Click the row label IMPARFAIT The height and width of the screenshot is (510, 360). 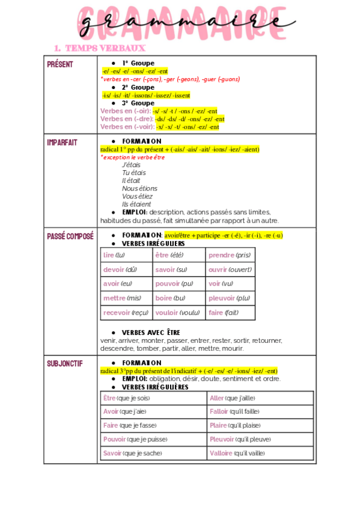click(63, 142)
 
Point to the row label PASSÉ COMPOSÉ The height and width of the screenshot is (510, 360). click(70, 236)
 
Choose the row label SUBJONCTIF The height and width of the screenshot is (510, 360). click(65, 363)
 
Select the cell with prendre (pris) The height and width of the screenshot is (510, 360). click(230, 255)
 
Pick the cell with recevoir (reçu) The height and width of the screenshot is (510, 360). click(126, 313)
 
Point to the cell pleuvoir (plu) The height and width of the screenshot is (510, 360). click(229, 298)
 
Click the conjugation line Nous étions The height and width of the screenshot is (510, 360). click(139, 188)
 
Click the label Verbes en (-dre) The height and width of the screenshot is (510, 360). click(126, 119)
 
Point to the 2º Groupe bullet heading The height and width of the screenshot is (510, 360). click(138, 87)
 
